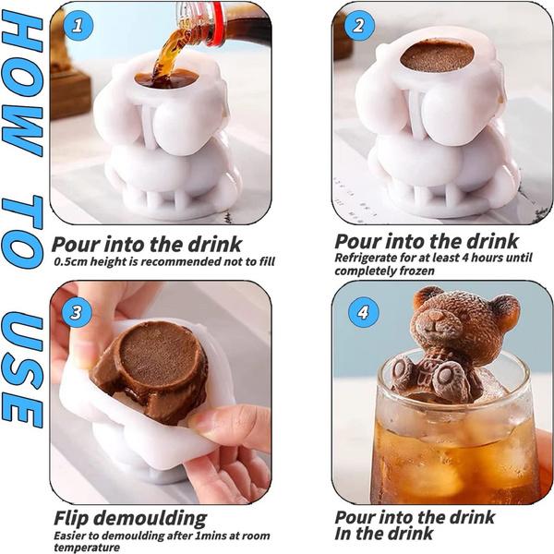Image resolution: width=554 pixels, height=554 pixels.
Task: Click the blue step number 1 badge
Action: [x=78, y=26]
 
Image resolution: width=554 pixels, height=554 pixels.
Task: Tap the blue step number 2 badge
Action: [x=359, y=26]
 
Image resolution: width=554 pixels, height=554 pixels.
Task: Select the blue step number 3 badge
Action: [x=77, y=312]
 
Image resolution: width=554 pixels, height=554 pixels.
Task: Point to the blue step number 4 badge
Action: [x=363, y=312]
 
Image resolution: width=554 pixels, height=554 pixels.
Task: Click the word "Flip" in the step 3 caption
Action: [x=72, y=519]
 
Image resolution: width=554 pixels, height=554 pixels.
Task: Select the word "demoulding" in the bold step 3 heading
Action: [x=150, y=519]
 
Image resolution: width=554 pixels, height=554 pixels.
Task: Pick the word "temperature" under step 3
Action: [x=87, y=548]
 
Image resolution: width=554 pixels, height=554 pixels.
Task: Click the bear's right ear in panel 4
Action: [x=505, y=307]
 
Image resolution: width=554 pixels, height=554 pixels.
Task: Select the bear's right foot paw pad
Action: [x=449, y=378]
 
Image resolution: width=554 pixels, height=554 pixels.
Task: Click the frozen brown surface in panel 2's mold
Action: [x=437, y=56]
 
